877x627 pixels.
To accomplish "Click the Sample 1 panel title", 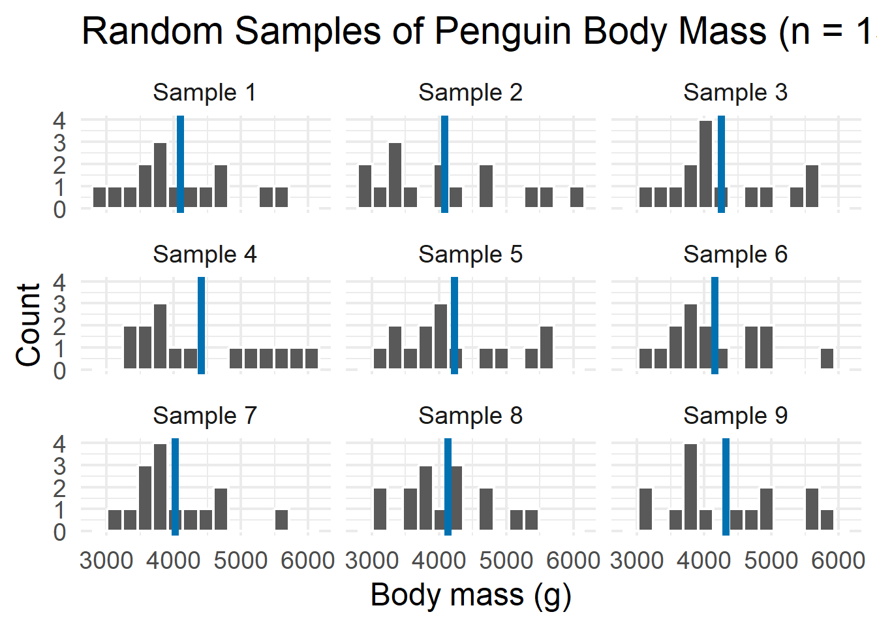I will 204,93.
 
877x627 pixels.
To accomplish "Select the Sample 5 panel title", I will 470,254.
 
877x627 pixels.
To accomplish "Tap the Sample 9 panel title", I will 735,415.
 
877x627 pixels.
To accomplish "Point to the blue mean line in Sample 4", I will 201,325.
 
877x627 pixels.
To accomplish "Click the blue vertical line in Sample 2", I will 444,163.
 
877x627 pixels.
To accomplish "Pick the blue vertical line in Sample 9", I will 726,487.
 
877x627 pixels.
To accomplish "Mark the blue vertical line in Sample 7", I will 175,487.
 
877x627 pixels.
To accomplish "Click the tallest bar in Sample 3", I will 705,164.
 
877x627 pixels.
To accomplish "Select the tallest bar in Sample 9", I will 691,487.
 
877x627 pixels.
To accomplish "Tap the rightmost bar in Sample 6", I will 827,359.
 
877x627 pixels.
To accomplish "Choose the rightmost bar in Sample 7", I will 281,520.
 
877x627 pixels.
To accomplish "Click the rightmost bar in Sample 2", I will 577,197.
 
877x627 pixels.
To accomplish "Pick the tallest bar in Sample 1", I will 160,175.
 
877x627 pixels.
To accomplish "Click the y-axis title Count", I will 29,325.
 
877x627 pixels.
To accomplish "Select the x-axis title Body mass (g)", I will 470,595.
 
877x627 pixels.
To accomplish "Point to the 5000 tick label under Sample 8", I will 506,560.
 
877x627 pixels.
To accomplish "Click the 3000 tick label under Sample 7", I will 106,560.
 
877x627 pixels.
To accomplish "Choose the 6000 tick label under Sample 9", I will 838,560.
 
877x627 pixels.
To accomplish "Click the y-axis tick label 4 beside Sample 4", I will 59,282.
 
